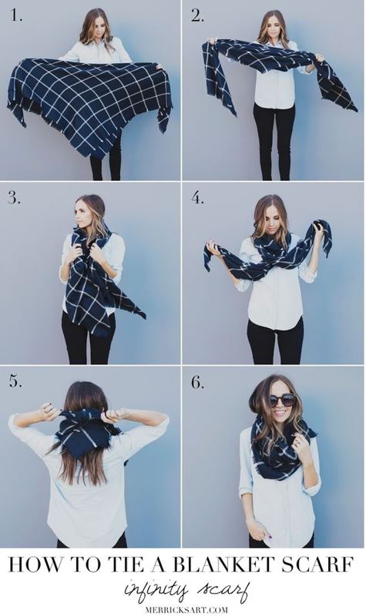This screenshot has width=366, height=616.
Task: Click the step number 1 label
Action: click(x=16, y=15)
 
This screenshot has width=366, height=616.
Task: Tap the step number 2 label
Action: click(x=197, y=15)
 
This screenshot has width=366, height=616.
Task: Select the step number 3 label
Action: click(x=14, y=198)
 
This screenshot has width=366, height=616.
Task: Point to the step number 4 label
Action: click(x=197, y=198)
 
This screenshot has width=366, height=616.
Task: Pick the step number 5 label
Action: click(x=15, y=381)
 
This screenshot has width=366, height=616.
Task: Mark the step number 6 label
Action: click(x=197, y=382)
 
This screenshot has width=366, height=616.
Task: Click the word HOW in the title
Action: click(x=35, y=565)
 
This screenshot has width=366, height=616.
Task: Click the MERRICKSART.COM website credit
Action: click(x=186, y=610)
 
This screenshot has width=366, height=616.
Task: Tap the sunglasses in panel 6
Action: click(x=282, y=400)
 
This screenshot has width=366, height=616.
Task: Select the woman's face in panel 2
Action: click(x=273, y=27)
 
